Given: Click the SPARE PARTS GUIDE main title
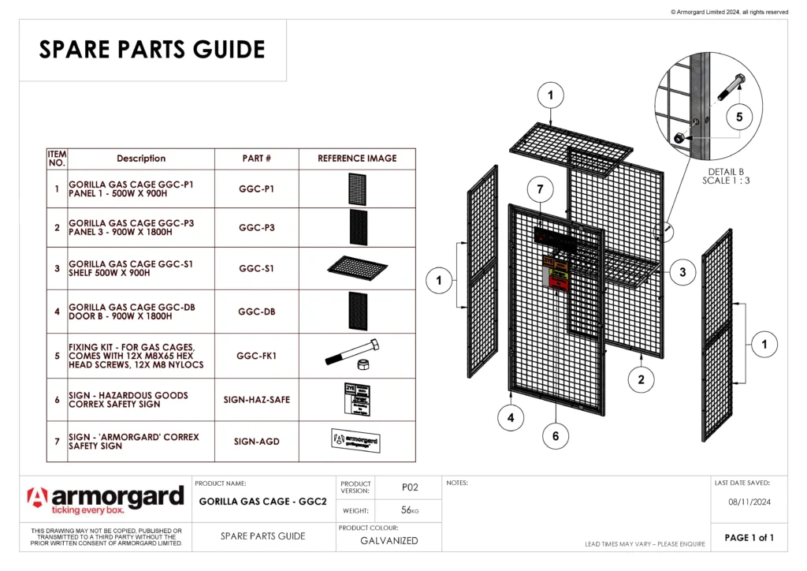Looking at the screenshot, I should (152, 50).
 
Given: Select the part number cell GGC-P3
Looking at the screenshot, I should (257, 227).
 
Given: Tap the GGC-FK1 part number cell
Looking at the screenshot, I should (257, 356).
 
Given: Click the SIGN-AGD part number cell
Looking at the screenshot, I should (257, 442).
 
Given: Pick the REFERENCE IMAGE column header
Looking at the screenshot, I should (357, 159).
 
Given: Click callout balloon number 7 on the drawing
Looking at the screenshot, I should (540, 190).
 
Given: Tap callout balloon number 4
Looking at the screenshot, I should (511, 419).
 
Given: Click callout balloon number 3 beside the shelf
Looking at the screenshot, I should (682, 272).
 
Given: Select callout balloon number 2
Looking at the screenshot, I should (641, 380).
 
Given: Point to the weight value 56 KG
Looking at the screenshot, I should (409, 510).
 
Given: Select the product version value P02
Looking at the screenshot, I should (409, 487).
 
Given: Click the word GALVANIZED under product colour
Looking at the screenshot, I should (389, 541).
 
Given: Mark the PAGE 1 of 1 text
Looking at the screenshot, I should (749, 538).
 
